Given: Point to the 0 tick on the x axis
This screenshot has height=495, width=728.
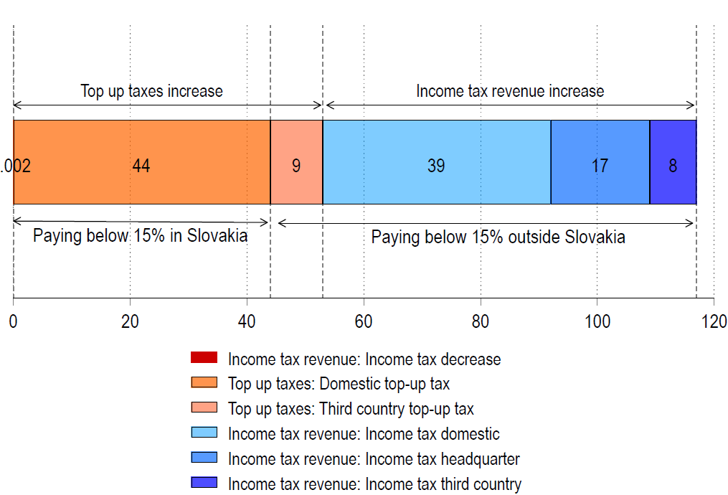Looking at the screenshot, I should coord(14,321).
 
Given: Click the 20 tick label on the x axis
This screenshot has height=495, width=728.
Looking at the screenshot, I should coord(130,321).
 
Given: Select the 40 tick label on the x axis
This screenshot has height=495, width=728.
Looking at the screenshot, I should coord(247,321).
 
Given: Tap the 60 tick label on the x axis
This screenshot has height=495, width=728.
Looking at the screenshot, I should coord(364,321).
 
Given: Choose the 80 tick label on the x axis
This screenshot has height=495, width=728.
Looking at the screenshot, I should coord(481,321).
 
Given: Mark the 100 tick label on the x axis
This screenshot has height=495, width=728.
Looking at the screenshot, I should coord(597,321).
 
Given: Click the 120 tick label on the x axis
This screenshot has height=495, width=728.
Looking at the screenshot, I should coord(714,321).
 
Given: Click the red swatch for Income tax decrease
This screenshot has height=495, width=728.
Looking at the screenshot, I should coord(204,358).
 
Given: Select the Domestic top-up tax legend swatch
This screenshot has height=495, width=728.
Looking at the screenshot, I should coord(204,383).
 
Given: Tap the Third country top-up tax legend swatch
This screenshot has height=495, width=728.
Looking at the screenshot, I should coord(204,408).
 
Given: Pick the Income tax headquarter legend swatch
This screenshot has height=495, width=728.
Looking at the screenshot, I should coord(204,458).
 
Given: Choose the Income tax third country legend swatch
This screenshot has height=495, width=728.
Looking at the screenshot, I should coord(204,484).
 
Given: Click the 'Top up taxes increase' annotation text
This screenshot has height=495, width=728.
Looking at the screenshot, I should coord(151,91).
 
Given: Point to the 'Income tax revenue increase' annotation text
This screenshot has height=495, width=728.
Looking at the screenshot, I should coord(510,91).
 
